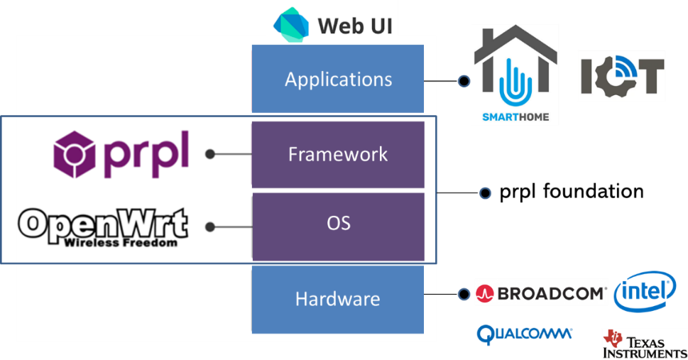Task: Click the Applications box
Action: click(x=338, y=79)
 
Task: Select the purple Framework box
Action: click(x=338, y=154)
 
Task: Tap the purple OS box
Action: click(x=338, y=223)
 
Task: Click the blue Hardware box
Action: click(x=338, y=299)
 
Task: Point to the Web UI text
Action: click(x=354, y=26)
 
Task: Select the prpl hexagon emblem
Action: click(x=75, y=153)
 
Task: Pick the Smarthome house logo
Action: click(x=515, y=75)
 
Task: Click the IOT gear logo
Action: click(x=621, y=75)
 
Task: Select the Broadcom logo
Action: click(x=541, y=292)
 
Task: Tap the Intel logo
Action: click(x=645, y=291)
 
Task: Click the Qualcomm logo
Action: click(x=524, y=334)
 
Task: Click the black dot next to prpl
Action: click(x=209, y=154)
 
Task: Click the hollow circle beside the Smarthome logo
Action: click(x=464, y=81)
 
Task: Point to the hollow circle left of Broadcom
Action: click(x=464, y=294)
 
